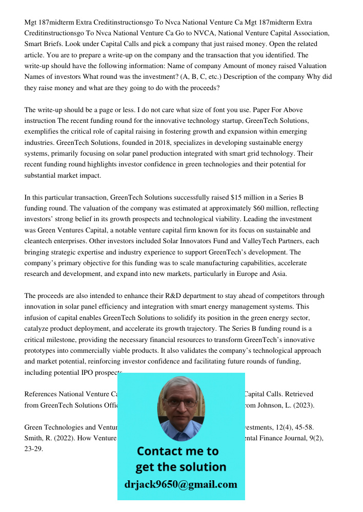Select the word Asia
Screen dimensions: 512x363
point(279,274)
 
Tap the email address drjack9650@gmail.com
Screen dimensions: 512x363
point(180,484)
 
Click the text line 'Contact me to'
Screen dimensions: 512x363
point(177,451)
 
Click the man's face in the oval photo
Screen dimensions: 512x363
point(180,407)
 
